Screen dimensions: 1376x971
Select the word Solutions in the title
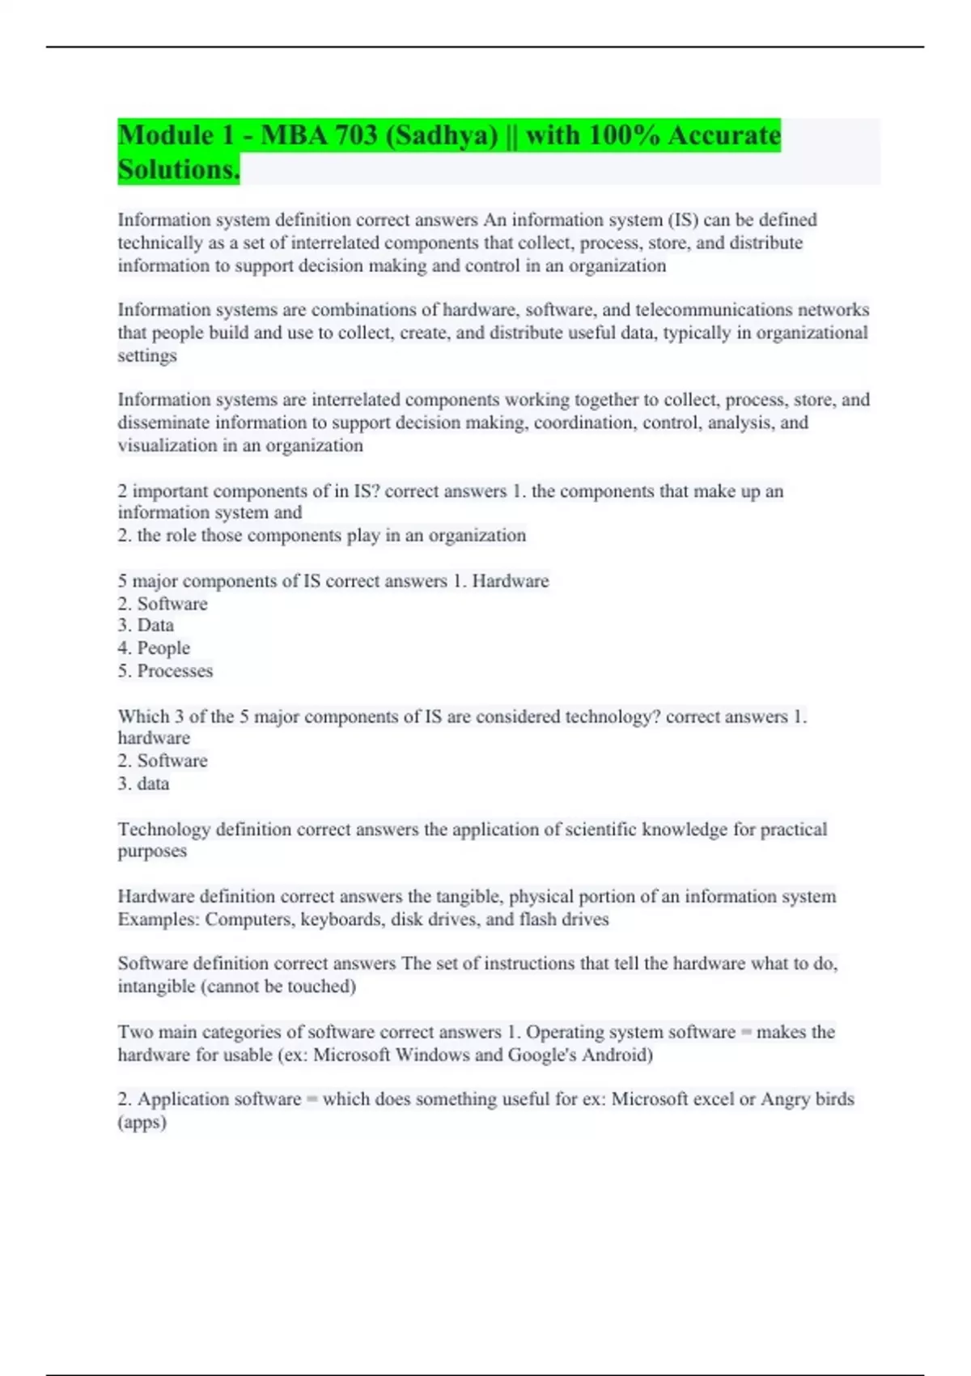(178, 170)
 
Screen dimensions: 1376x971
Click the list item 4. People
(154, 648)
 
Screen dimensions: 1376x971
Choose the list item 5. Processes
(165, 671)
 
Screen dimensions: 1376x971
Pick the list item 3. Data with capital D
(146, 626)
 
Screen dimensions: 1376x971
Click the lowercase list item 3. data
(143, 784)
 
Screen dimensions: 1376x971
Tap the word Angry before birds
(788, 1099)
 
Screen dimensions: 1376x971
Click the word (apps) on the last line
(142, 1123)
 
